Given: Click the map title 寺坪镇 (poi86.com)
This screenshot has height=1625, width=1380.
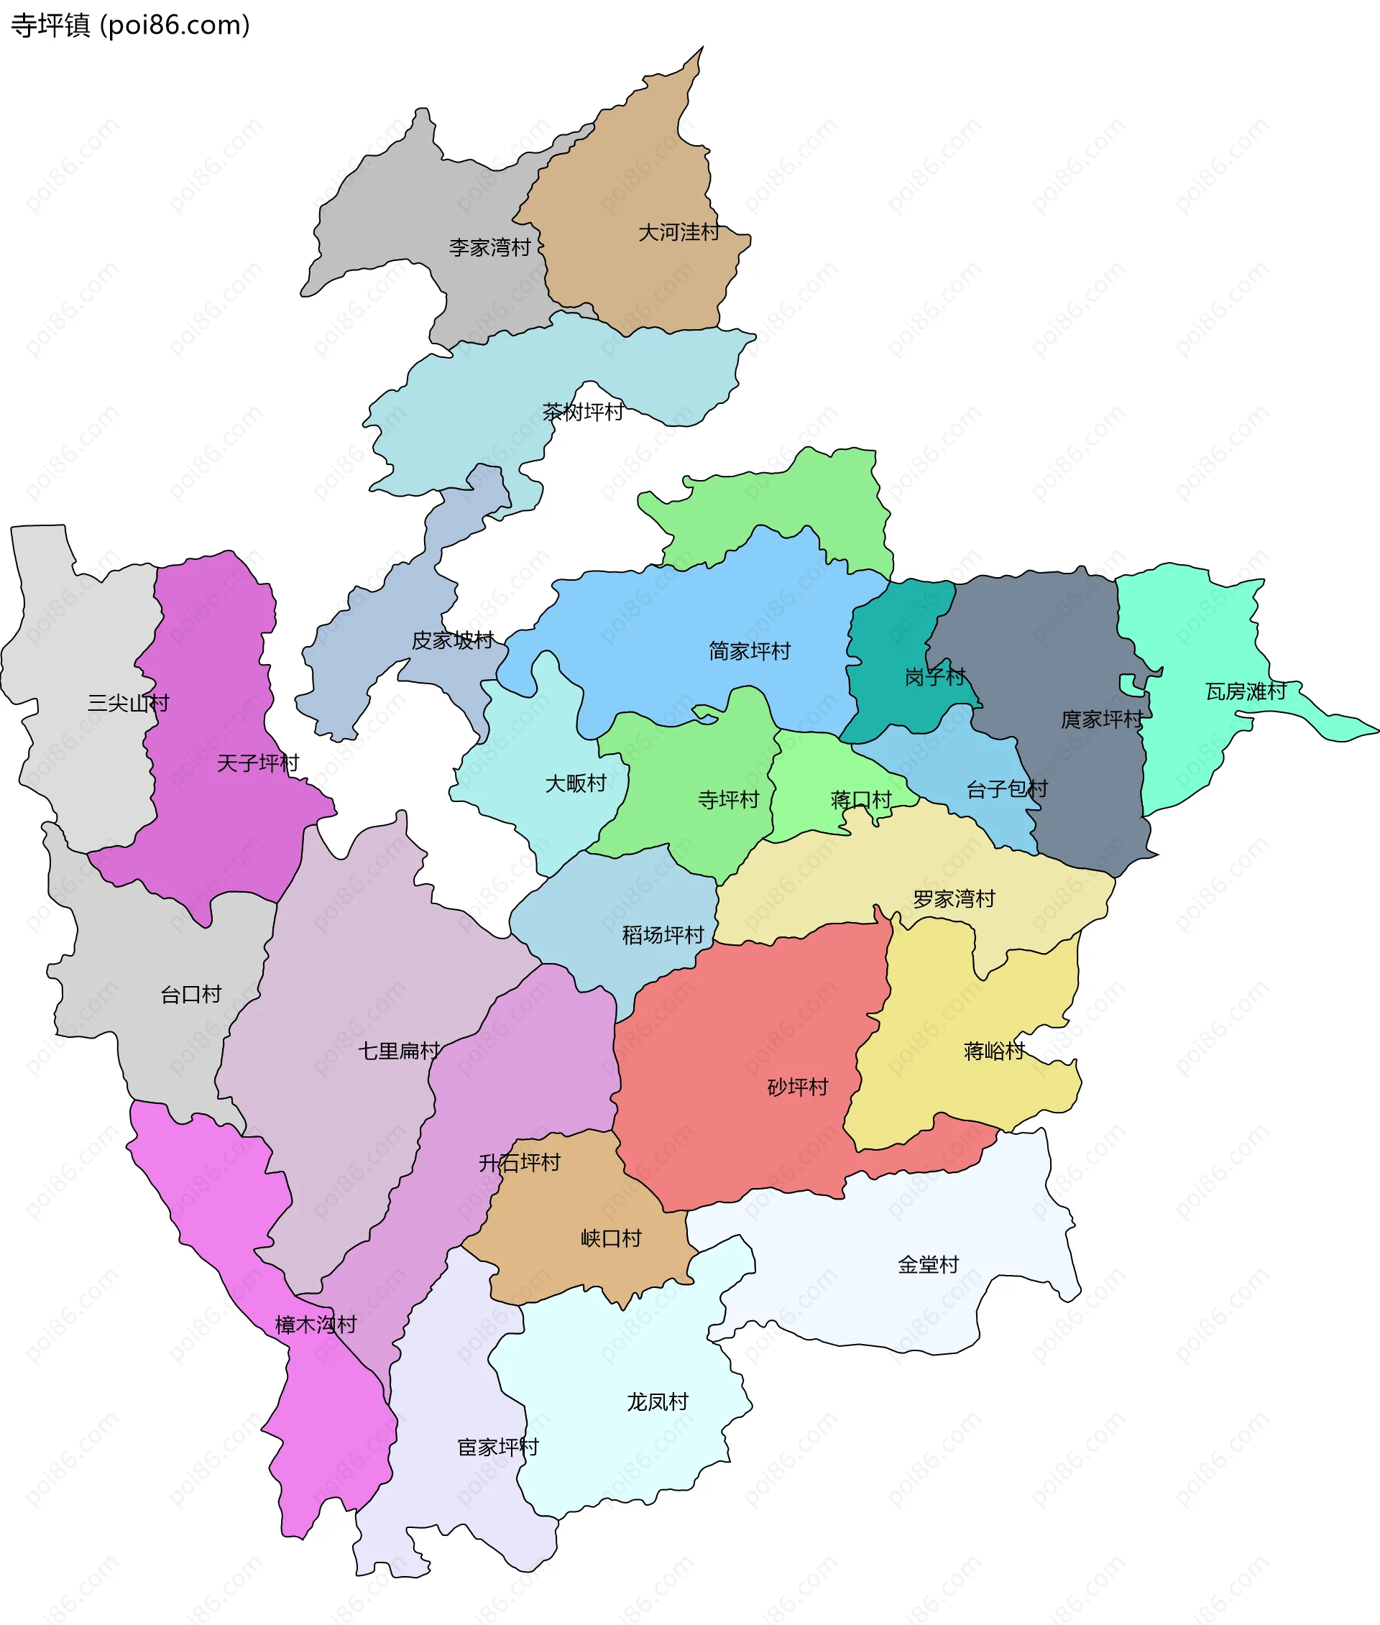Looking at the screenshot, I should [x=130, y=26].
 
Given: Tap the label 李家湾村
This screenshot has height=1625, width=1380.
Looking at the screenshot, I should [x=489, y=248].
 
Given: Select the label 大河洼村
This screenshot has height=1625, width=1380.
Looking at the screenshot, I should [x=678, y=232].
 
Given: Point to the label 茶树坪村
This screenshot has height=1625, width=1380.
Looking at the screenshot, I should [x=583, y=412].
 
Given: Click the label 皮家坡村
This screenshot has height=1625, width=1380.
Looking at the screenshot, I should [x=452, y=641].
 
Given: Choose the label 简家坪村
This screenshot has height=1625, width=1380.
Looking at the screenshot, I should [x=750, y=651].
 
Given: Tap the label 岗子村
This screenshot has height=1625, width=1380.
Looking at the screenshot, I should [x=935, y=677].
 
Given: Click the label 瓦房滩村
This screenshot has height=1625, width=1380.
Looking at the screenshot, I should [x=1246, y=691].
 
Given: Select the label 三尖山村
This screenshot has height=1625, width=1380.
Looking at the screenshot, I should [x=129, y=704].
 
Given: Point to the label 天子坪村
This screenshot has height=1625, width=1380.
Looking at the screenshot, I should [x=257, y=763].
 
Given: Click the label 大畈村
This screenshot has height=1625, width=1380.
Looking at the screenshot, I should [x=575, y=783].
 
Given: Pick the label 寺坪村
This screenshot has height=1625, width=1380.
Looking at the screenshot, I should [x=728, y=800].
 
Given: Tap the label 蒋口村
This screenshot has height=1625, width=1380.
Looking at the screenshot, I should [x=860, y=800].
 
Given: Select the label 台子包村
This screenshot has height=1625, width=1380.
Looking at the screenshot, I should [x=1006, y=789].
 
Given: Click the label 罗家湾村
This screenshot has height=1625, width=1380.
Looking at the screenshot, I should [x=954, y=899].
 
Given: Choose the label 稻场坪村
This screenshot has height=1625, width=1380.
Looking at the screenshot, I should [x=663, y=935].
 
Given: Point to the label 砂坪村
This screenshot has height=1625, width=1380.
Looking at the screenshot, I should [x=797, y=1087].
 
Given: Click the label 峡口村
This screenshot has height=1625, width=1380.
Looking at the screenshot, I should [x=611, y=1238].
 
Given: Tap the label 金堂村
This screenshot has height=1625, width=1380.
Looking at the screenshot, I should [x=928, y=1265].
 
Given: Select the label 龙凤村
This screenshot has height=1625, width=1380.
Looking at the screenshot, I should [x=657, y=1402].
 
